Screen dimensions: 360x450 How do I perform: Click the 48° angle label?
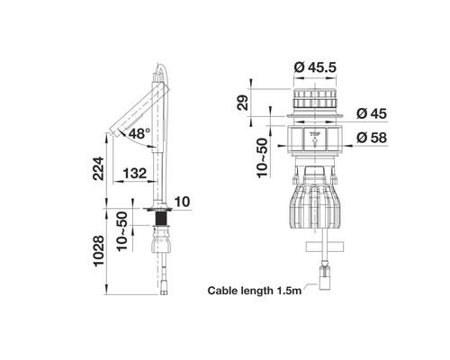[139, 134]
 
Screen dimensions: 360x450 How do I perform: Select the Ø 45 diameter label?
[371, 113]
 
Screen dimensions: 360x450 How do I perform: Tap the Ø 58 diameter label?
[371, 138]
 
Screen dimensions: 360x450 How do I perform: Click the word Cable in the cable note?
[226, 291]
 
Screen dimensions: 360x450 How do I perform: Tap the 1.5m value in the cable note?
[290, 291]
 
